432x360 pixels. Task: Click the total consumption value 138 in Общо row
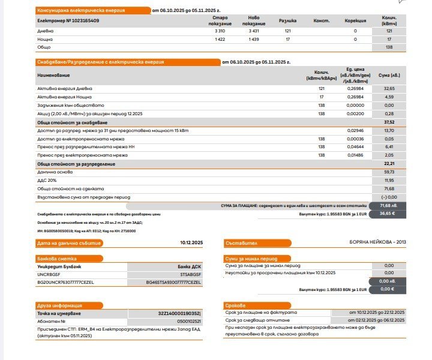click(389, 47)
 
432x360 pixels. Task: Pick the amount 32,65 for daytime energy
click(388, 88)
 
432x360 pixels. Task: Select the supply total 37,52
click(388, 122)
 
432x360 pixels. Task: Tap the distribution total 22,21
click(388, 164)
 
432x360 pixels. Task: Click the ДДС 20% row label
click(46, 180)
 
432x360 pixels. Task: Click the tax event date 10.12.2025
click(192, 243)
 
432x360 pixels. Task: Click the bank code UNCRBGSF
click(49, 273)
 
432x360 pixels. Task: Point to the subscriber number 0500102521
click(188, 321)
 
